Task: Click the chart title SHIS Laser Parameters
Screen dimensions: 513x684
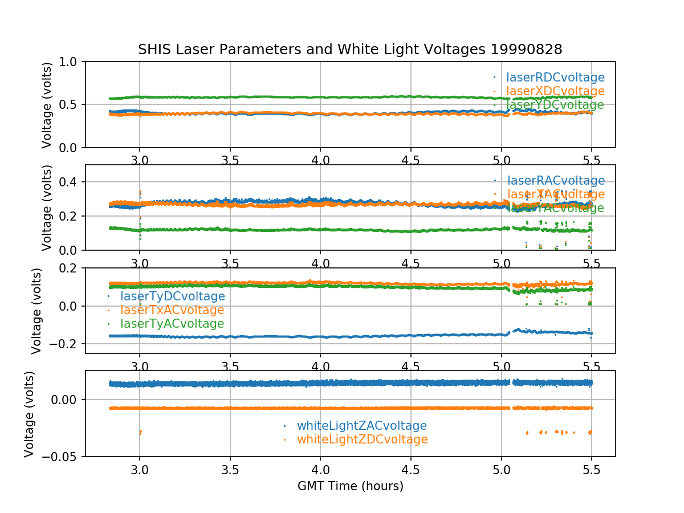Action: click(x=350, y=50)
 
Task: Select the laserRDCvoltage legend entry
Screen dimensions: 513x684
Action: click(x=555, y=78)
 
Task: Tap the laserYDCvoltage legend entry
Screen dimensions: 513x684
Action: click(x=555, y=105)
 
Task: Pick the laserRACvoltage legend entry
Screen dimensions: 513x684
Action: click(x=556, y=181)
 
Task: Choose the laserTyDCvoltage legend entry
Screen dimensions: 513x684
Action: click(x=172, y=296)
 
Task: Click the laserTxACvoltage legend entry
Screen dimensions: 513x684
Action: click(x=172, y=310)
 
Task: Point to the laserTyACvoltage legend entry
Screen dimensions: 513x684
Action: click(x=172, y=324)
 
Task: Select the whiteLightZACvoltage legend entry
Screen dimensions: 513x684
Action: click(x=361, y=426)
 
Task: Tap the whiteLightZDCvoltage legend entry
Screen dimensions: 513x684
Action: click(x=362, y=439)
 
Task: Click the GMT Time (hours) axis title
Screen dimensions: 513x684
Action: click(x=350, y=486)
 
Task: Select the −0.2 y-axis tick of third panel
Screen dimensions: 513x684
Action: click(x=65, y=344)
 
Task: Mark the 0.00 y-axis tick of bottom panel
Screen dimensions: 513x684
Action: click(x=63, y=400)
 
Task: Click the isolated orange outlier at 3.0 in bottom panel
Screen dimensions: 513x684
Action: click(x=140, y=433)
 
